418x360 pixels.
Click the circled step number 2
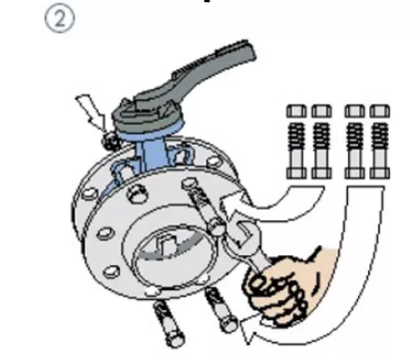(x=60, y=20)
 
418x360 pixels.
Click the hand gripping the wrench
(x=285, y=286)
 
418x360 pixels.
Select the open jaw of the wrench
(x=242, y=232)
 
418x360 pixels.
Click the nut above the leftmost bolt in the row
(x=296, y=111)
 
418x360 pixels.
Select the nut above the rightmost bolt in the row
(x=380, y=111)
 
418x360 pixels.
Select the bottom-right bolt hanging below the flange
(x=220, y=310)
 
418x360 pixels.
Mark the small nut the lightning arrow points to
(x=111, y=142)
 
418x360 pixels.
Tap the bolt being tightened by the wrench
(x=204, y=207)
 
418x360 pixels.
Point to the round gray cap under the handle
(x=148, y=119)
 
